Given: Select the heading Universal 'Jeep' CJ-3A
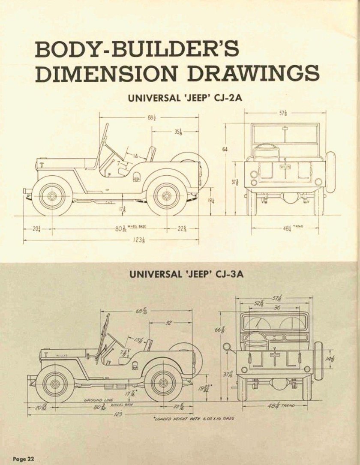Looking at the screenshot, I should [186, 274].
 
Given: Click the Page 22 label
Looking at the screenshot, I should [23, 459].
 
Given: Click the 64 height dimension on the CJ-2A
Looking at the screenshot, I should [225, 149].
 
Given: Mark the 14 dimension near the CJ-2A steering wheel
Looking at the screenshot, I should [135, 157].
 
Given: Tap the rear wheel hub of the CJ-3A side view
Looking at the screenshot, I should [163, 383].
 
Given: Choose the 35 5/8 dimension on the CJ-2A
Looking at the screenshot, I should [178, 132].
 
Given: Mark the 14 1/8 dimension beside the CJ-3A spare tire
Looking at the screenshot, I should [333, 358].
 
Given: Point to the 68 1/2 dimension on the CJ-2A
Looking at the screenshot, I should [150, 117].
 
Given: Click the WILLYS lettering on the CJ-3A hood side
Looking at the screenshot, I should [62, 355].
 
